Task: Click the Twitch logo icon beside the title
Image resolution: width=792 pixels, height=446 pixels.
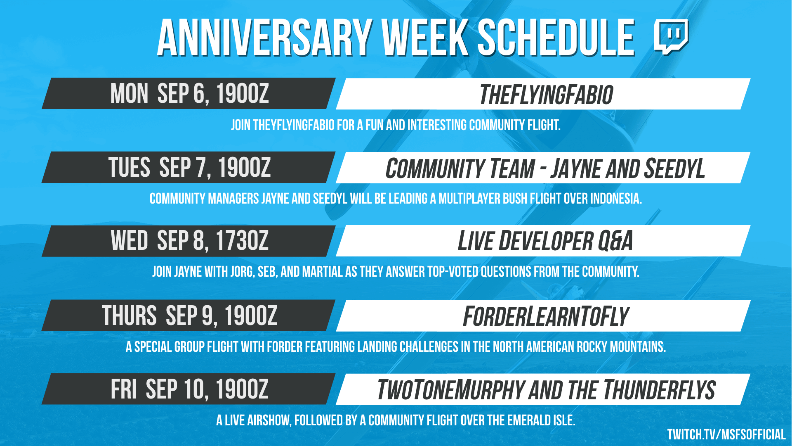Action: [x=671, y=37]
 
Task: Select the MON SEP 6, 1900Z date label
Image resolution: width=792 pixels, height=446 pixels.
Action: [x=189, y=94]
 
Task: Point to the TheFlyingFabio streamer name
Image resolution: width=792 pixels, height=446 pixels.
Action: [x=546, y=95]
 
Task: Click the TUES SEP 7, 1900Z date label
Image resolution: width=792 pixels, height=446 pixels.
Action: [x=189, y=168]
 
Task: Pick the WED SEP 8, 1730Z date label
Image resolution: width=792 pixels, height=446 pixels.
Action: [x=189, y=241]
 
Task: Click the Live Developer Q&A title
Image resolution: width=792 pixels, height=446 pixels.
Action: [x=545, y=241]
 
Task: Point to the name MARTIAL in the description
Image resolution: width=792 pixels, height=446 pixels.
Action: [x=322, y=272]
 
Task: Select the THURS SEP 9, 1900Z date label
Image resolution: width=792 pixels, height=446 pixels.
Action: [x=189, y=316]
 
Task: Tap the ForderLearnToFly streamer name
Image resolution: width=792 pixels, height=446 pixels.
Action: [x=546, y=316]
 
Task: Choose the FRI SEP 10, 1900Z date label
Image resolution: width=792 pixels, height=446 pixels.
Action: [x=189, y=389]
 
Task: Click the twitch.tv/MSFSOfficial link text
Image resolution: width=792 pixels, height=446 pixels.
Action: [x=726, y=434]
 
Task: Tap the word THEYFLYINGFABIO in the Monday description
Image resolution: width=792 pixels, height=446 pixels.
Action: [x=294, y=125]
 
